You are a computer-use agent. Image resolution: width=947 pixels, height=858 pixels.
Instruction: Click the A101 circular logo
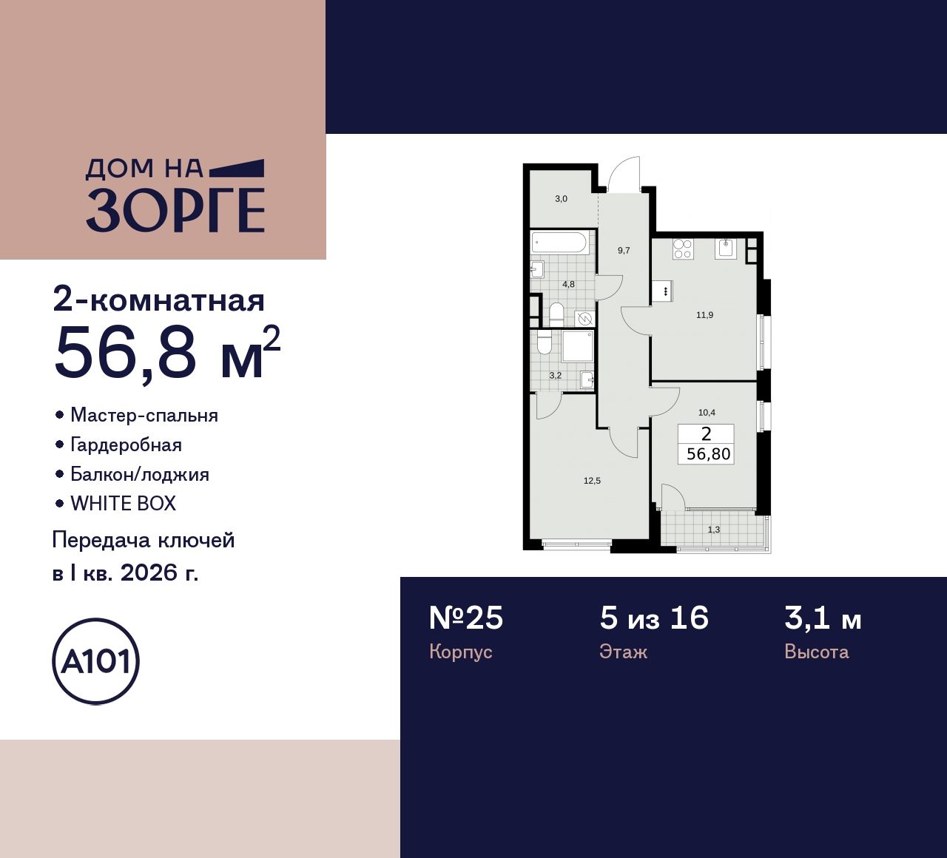pyautogui.click(x=95, y=661)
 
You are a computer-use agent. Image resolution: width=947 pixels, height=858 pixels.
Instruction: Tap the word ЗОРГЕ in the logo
pyautogui.click(x=175, y=210)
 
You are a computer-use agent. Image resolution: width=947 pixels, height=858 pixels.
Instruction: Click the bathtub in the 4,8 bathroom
pyautogui.click(x=559, y=243)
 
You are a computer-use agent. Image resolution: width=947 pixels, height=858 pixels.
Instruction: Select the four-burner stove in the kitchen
pyautogui.click(x=683, y=249)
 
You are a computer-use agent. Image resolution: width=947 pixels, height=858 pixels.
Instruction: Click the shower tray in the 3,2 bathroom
pyautogui.click(x=577, y=345)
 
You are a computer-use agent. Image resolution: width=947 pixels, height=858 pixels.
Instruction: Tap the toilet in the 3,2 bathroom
pyautogui.click(x=545, y=342)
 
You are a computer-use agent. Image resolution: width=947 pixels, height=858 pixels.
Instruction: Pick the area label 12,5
pyautogui.click(x=592, y=481)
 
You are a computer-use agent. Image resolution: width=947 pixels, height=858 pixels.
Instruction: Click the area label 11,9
pyautogui.click(x=704, y=315)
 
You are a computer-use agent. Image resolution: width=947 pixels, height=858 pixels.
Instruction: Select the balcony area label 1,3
pyautogui.click(x=713, y=530)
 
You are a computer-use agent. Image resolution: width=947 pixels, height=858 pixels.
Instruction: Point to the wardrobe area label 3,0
pyautogui.click(x=561, y=199)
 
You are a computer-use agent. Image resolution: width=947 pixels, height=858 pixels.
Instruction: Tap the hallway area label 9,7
pyautogui.click(x=624, y=251)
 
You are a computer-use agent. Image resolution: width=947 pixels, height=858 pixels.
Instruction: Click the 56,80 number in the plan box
pyautogui.click(x=708, y=454)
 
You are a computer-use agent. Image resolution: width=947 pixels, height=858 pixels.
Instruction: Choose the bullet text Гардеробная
pyautogui.click(x=126, y=445)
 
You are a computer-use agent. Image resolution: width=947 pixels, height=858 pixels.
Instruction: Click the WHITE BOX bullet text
pyautogui.click(x=123, y=504)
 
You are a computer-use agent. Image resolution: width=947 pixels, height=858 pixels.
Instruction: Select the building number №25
pyautogui.click(x=466, y=618)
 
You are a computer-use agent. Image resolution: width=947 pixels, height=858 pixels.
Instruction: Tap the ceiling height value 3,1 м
pyautogui.click(x=823, y=618)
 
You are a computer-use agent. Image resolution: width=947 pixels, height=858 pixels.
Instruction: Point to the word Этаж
pyautogui.click(x=623, y=652)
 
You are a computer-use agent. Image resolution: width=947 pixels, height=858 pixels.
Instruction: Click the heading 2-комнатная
pyautogui.click(x=159, y=300)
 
